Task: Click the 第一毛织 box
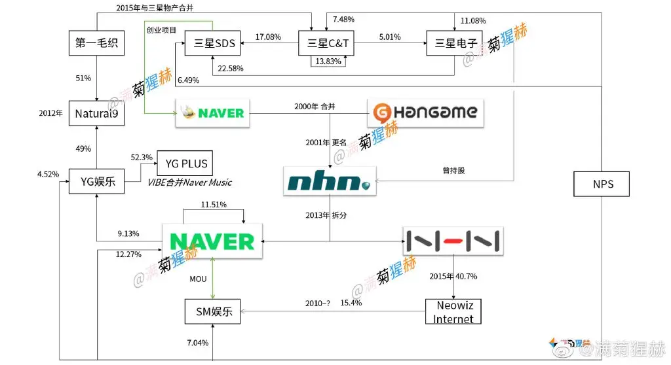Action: point(97,44)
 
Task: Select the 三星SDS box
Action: point(211,44)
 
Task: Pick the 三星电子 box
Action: point(454,44)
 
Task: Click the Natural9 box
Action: point(97,113)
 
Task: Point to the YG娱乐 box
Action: point(97,181)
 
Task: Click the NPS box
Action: point(602,184)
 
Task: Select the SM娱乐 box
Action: point(213,311)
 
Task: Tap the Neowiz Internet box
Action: point(454,312)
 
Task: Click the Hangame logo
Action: point(427,112)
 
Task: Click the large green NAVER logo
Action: point(212,241)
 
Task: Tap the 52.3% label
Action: point(142,158)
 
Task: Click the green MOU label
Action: point(198,279)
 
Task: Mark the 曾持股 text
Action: point(454,171)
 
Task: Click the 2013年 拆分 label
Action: point(326,215)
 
